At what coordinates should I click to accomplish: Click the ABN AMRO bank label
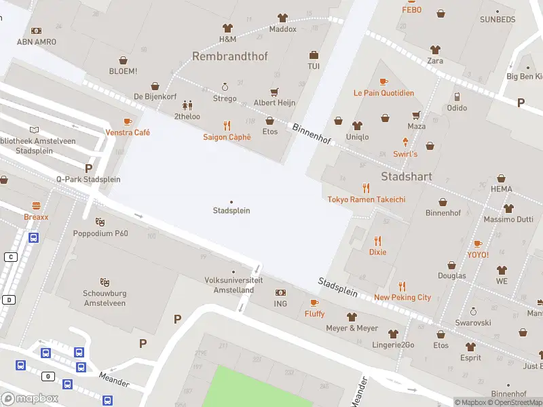click(37, 42)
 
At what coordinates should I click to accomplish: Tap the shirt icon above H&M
click(227, 28)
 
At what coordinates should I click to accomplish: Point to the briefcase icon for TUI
click(314, 55)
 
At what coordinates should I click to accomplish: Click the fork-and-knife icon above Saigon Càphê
click(227, 125)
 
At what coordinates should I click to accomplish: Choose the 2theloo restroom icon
click(187, 105)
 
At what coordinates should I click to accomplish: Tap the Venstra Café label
click(127, 132)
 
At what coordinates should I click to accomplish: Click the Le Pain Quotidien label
click(383, 93)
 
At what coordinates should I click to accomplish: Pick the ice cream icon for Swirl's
click(405, 142)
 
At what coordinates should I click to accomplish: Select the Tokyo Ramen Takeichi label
click(367, 199)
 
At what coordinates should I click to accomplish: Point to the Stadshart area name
click(407, 176)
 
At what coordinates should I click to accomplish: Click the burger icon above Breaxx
click(36, 205)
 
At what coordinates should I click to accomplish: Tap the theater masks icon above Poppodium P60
click(100, 222)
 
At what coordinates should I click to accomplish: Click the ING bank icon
click(280, 292)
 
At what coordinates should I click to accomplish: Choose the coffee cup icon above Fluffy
click(314, 303)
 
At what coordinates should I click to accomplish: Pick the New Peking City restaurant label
click(402, 297)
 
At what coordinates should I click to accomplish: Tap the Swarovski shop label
click(472, 323)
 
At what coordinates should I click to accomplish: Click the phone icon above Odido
click(457, 96)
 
